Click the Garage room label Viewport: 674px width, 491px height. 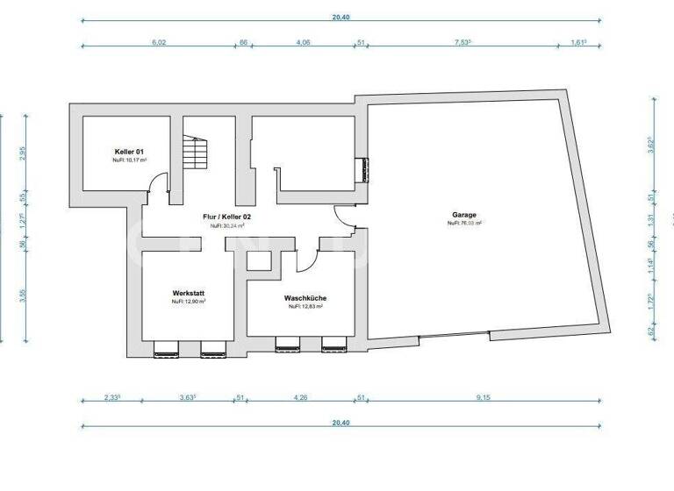pyautogui.click(x=464, y=214)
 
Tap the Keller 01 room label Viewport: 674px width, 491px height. pyautogui.click(x=128, y=151)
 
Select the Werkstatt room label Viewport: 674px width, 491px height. pyautogui.click(x=189, y=293)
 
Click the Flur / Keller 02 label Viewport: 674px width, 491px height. pyautogui.click(x=226, y=216)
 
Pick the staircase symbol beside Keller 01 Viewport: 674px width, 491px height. pyautogui.click(x=194, y=154)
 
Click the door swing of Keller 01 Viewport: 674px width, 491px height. pyautogui.click(x=158, y=183)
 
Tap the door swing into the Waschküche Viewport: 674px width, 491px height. pyautogui.click(x=306, y=259)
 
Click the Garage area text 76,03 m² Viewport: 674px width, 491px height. pyautogui.click(x=464, y=224)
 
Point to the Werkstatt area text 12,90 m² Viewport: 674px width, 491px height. pyautogui.click(x=189, y=302)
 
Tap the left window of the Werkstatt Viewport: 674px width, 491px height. pyautogui.click(x=166, y=352)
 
